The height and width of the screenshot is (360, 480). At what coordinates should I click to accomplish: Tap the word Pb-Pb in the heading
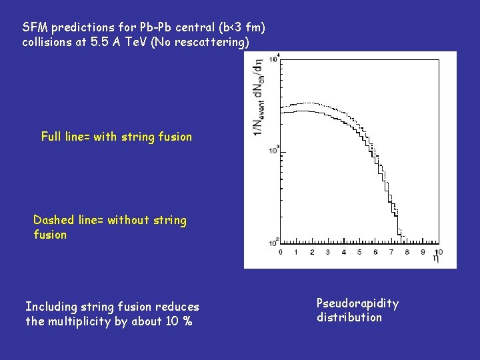[x=139, y=28]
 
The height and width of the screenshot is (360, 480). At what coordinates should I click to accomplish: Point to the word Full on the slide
[x=51, y=137]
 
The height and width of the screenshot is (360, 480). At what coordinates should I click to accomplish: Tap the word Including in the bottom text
[x=51, y=307]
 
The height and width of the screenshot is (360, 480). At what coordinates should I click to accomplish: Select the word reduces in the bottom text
[x=177, y=307]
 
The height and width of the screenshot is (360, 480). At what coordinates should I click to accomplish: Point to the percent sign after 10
[x=188, y=321]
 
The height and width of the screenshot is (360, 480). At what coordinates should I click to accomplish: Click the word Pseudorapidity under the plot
[x=357, y=303]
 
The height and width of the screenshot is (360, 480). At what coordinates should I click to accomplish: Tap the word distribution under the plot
[x=349, y=317]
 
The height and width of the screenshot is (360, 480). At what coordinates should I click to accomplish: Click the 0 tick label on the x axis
[x=279, y=252]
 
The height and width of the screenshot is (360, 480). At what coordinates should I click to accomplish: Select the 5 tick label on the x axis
[x=359, y=252]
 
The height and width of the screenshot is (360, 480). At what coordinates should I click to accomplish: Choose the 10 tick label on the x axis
[x=439, y=252]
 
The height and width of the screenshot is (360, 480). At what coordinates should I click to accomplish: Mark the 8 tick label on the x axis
[x=407, y=252]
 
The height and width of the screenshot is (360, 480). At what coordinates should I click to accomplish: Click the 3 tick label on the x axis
[x=327, y=252]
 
